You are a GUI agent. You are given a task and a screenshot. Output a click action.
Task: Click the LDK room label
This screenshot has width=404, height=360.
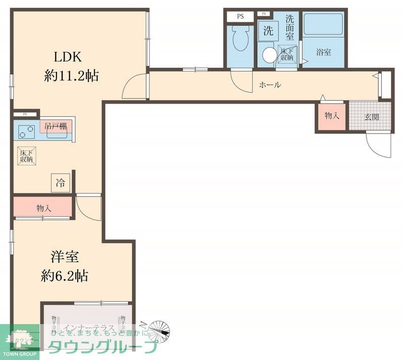pyautogui.click(x=65, y=56)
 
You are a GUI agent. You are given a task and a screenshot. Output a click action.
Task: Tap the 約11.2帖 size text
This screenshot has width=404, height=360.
pyautogui.click(x=71, y=76)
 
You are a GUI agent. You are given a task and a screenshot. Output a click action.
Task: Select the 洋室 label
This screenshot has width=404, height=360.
pyautogui.click(x=64, y=257)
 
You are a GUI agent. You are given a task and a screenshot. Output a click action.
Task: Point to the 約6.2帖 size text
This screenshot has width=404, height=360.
pyautogui.click(x=65, y=276)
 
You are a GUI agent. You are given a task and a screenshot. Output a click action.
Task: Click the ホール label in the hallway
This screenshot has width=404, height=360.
pyautogui.click(x=270, y=85)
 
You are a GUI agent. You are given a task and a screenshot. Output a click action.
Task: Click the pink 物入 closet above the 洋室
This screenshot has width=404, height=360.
pyautogui.click(x=44, y=207)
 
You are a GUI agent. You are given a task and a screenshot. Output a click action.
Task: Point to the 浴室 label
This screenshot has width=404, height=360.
pyautogui.click(x=324, y=52)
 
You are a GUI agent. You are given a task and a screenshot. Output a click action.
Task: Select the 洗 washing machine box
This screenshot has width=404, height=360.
pyautogui.click(x=268, y=30)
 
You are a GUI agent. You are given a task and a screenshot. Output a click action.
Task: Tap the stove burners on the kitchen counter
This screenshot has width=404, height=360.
pyautogui.click(x=25, y=131)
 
